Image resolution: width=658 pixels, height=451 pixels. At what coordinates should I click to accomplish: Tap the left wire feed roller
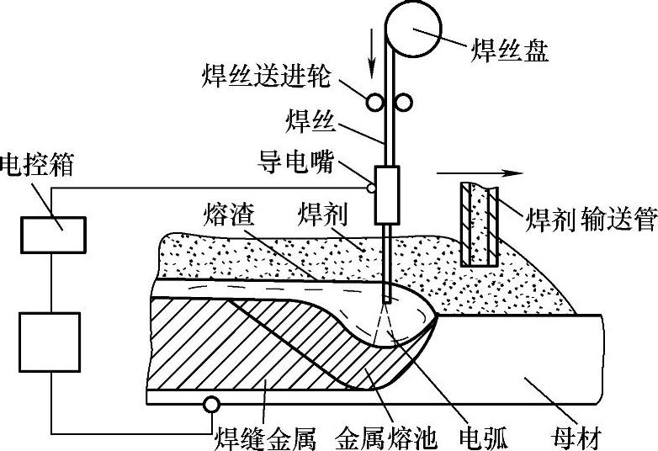374,101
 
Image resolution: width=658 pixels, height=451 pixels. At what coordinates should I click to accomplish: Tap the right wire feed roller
404,102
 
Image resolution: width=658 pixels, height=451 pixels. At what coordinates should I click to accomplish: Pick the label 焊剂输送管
590,220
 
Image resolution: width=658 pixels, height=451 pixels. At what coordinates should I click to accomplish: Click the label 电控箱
39,163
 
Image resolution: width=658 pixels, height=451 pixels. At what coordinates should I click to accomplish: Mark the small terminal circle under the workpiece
210,405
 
